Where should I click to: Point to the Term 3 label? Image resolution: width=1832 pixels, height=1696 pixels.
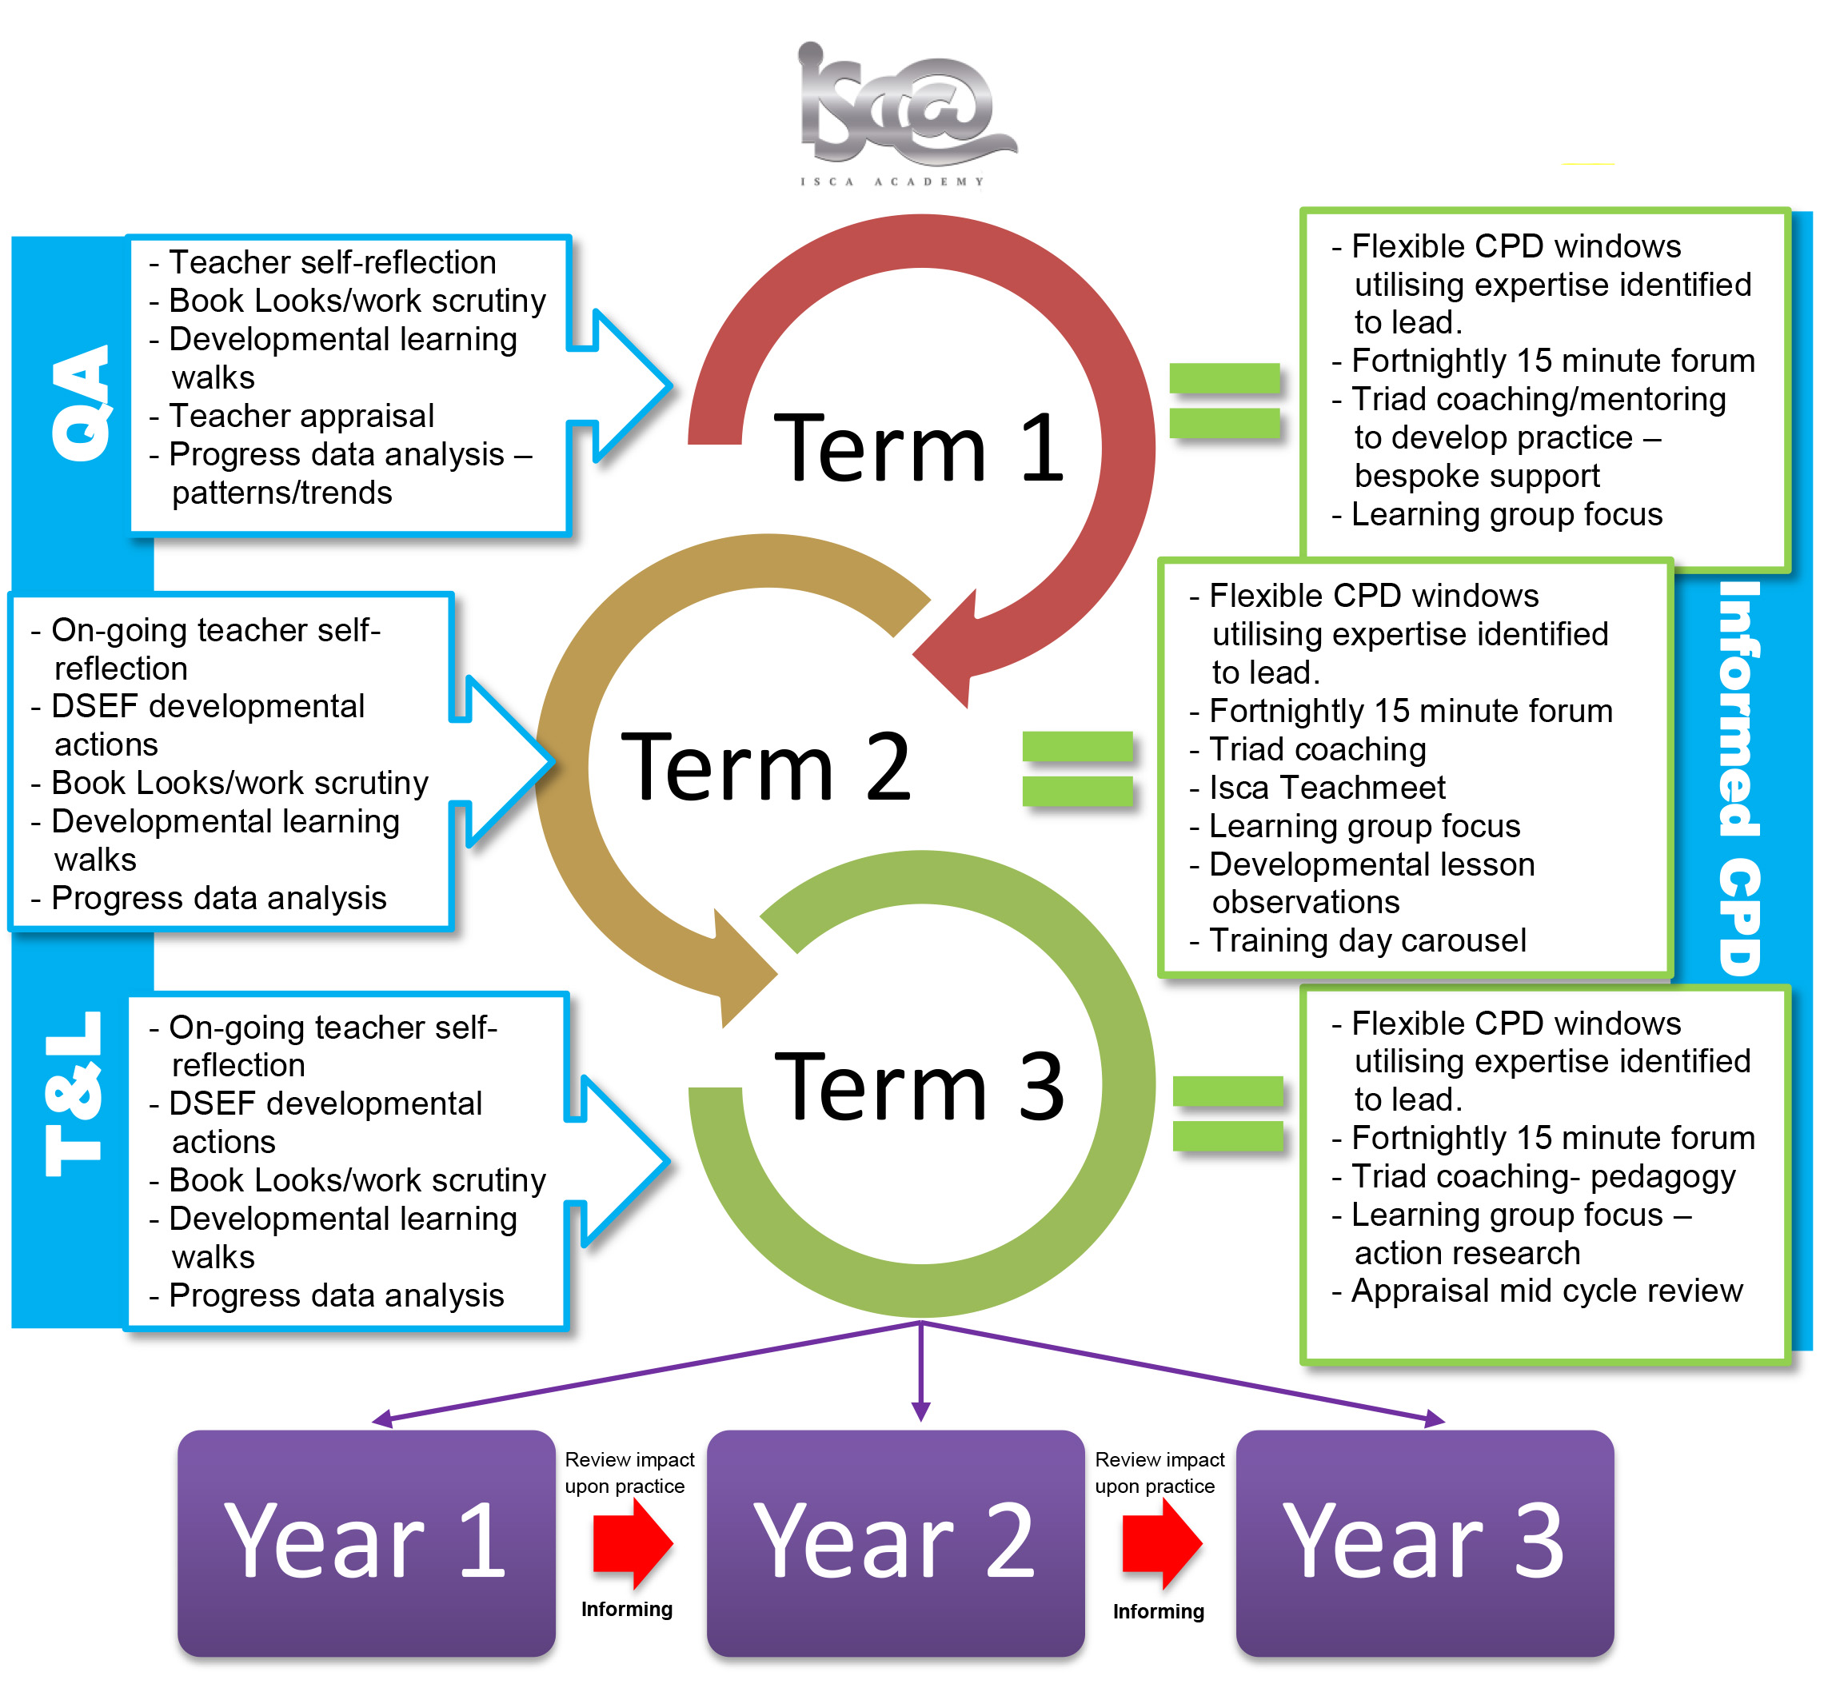pos(918,1087)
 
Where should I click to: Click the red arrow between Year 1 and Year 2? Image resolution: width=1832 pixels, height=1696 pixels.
pos(633,1543)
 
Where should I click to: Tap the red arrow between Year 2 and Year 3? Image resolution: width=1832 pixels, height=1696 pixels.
pos(1161,1543)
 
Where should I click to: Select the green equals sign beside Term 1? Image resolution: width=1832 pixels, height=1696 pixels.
pos(1224,401)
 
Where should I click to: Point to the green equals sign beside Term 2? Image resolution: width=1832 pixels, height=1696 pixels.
pos(1078,768)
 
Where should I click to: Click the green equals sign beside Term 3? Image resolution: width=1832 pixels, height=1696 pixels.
pos(1228,1113)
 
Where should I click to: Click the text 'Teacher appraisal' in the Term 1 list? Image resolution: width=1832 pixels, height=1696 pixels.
pos(301,416)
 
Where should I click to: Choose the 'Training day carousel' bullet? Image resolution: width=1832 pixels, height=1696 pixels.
pos(1367,940)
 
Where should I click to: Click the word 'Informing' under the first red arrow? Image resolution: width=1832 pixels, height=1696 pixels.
pos(627,1609)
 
